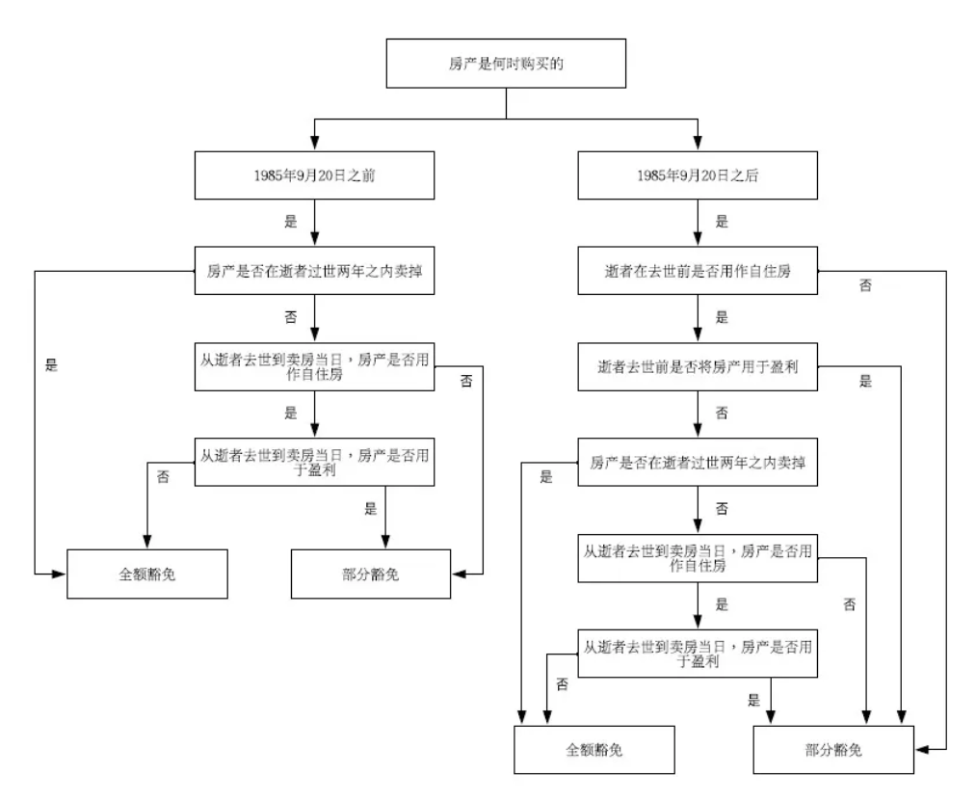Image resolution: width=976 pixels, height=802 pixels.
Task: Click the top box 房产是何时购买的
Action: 506,64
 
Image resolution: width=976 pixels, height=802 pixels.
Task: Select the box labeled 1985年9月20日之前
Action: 314,175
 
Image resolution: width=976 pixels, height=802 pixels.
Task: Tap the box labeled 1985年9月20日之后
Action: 698,175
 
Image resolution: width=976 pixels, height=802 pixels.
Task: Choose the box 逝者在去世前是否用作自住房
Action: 698,271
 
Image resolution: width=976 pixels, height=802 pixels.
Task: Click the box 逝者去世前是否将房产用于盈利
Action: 698,366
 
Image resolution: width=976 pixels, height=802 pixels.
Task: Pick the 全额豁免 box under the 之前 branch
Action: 147,575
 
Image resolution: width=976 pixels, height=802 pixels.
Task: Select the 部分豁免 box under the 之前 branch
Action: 371,575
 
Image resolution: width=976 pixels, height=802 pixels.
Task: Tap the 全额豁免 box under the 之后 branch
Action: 594,750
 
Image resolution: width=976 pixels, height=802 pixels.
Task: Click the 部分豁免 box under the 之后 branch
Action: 833,750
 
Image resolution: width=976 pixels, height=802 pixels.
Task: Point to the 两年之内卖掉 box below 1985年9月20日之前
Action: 314,271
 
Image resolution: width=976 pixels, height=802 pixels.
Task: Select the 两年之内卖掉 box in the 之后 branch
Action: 698,463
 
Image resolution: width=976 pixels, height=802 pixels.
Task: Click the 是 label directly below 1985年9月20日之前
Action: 291,222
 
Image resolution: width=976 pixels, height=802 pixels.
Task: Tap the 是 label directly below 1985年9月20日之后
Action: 722,222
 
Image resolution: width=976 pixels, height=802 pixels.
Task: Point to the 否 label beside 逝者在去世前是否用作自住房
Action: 865,285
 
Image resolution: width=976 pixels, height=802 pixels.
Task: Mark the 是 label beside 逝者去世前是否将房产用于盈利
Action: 865,382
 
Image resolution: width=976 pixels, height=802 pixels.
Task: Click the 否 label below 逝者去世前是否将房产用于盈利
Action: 722,413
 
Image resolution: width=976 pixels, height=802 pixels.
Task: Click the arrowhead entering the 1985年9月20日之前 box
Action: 314,144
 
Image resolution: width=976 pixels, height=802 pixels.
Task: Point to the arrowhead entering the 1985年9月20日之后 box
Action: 698,144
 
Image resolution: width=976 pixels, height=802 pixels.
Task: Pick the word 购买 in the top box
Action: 535,64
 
